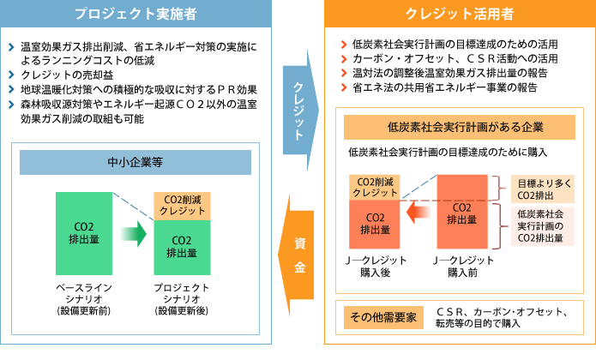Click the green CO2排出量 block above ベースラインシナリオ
(84, 232)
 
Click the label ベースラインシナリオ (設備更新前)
(84, 298)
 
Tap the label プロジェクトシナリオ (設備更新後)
(183, 298)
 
